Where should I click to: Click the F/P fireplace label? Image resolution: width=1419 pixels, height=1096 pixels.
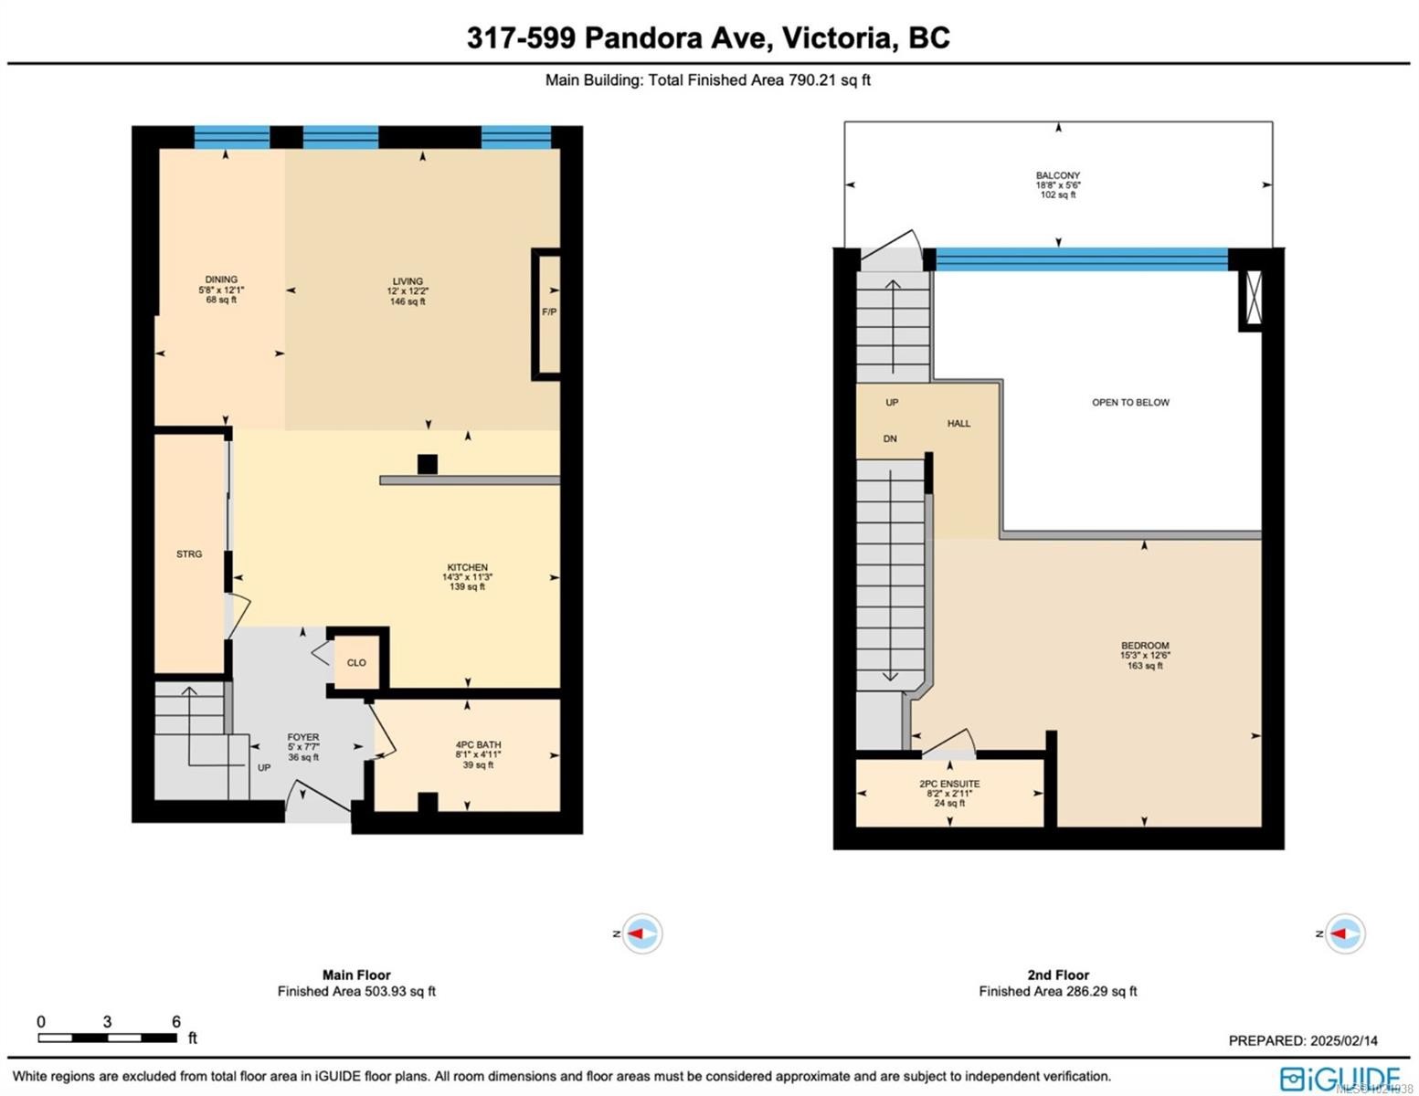(x=548, y=312)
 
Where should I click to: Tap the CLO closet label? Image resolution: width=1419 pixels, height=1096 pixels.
(x=356, y=663)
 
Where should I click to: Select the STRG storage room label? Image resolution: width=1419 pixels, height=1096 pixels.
(x=189, y=554)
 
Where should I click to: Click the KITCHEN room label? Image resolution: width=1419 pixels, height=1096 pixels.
(x=467, y=568)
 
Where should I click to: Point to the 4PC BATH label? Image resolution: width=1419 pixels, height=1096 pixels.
(x=478, y=745)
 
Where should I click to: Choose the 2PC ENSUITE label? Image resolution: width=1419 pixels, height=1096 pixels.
(x=949, y=785)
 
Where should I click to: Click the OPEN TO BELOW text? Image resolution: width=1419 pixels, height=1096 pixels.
(x=1130, y=403)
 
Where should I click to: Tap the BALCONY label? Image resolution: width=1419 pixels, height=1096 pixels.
(x=1058, y=175)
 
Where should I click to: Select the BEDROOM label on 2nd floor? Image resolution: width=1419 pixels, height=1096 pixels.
(x=1145, y=647)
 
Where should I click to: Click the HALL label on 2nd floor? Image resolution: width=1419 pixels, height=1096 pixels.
(x=958, y=424)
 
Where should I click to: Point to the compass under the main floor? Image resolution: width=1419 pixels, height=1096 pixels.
(x=641, y=933)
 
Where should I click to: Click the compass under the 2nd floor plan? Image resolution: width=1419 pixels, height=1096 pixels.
(x=1344, y=933)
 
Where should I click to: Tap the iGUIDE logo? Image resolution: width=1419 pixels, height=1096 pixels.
(x=1340, y=1078)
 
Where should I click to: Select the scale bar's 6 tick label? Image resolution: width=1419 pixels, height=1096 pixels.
(x=175, y=1022)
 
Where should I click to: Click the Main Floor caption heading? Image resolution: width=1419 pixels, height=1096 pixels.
(x=356, y=975)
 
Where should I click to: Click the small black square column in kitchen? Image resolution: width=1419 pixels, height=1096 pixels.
(x=427, y=464)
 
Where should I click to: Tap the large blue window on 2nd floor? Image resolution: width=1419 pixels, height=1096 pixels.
(x=1082, y=259)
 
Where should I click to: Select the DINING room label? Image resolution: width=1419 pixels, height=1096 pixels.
(x=221, y=279)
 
